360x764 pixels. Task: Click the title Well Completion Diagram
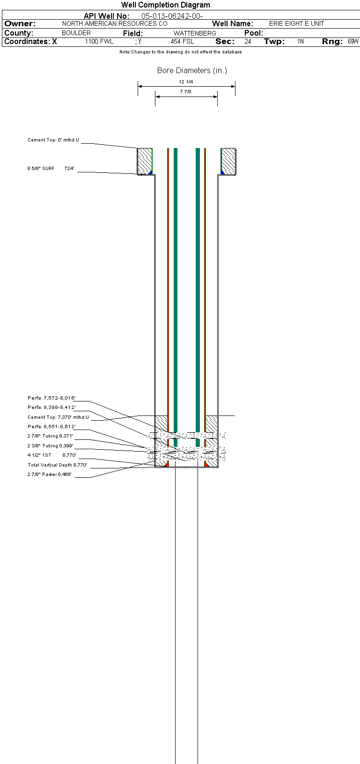[166, 5]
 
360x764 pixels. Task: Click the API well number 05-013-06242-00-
[172, 16]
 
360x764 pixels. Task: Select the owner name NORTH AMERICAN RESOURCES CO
[115, 23]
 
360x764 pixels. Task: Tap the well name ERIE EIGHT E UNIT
[296, 23]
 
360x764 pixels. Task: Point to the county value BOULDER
[76, 33]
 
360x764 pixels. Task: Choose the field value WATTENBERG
[195, 33]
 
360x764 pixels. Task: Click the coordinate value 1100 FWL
[99, 41]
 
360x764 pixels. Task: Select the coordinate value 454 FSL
[182, 41]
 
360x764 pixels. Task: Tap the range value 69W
[353, 41]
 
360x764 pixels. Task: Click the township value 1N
[301, 41]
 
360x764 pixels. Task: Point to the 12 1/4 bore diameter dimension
[186, 82]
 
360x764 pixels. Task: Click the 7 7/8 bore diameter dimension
[185, 92]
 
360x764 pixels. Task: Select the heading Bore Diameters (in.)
[192, 71]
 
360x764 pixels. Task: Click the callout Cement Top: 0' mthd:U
[53, 140]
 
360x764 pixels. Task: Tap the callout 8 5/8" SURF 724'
[51, 169]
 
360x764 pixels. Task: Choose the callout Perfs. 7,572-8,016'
[51, 398]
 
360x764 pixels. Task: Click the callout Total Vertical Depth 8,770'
[57, 465]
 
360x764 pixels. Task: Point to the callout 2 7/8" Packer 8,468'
[50, 475]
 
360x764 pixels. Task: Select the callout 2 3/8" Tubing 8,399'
[50, 446]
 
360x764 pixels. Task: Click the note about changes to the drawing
[181, 52]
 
